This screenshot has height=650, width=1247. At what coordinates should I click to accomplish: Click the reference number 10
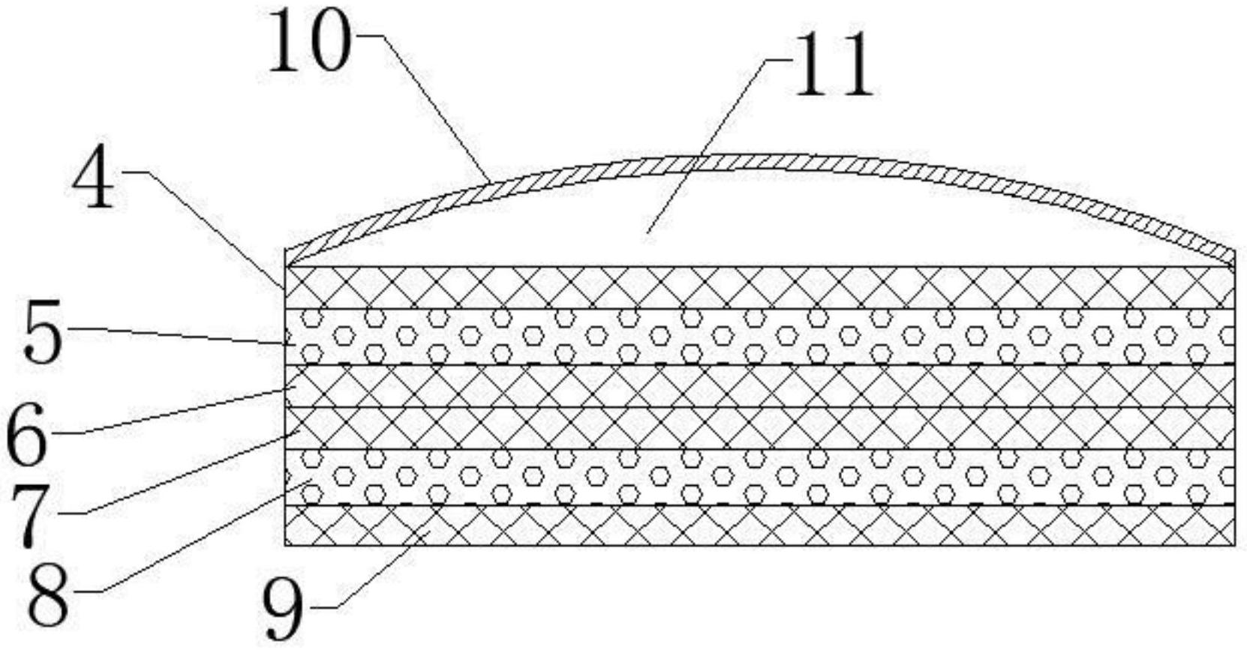click(x=308, y=40)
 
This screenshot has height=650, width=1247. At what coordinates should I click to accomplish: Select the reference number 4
click(x=94, y=181)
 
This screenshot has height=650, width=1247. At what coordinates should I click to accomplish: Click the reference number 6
click(x=26, y=436)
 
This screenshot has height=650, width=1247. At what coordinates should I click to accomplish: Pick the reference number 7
click(x=30, y=517)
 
